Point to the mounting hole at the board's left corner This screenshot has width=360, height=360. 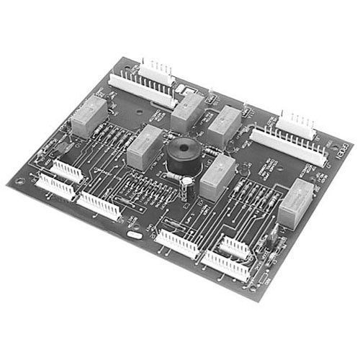19,181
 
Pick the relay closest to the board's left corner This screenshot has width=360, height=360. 89,114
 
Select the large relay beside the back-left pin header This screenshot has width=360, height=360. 189,109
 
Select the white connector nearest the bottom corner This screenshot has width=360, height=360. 228,265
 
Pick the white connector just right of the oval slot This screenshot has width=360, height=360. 177,245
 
